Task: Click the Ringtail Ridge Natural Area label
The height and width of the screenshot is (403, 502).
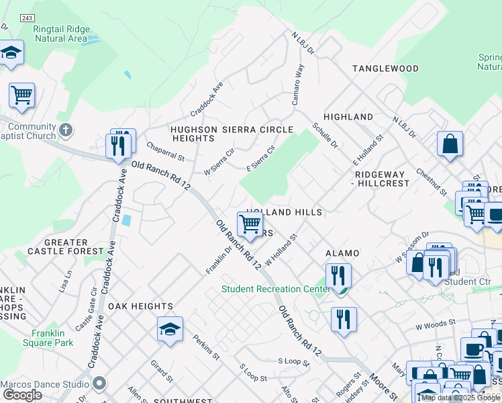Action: (61, 34)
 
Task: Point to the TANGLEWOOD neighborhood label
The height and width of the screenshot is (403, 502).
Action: (386, 69)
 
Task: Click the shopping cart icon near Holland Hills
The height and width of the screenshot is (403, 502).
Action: (250, 224)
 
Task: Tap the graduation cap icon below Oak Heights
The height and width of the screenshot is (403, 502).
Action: (170, 329)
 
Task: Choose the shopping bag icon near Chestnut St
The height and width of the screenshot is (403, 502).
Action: (449, 144)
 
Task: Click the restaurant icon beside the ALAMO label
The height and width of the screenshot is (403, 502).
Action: (338, 275)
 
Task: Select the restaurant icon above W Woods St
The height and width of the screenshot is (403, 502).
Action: (344, 319)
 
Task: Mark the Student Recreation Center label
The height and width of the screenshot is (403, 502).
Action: (275, 289)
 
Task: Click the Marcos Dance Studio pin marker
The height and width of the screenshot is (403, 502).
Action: (100, 384)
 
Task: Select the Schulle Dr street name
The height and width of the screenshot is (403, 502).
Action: (325, 135)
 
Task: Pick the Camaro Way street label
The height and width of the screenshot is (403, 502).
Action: (296, 85)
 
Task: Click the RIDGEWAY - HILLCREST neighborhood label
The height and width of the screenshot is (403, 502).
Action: (381, 178)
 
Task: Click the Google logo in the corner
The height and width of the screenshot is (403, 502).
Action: (22, 395)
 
